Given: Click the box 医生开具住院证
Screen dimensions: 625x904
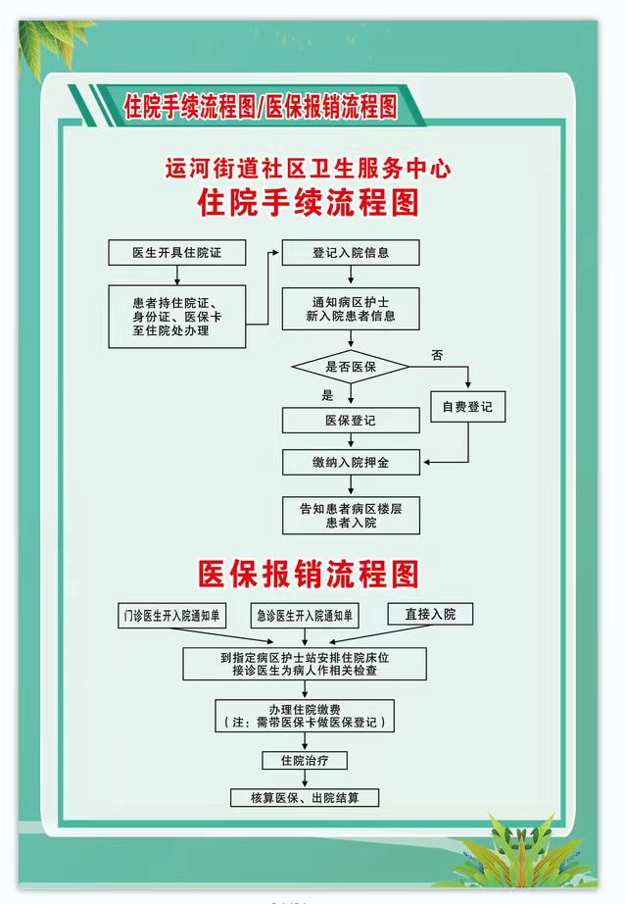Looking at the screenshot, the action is (x=177, y=253).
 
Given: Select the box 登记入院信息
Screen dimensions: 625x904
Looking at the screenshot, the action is (x=351, y=253).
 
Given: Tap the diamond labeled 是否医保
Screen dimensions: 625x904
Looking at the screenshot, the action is (x=351, y=367).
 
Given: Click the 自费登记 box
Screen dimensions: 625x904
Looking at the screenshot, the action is (x=467, y=407).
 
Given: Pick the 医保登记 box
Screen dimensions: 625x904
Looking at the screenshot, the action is (x=351, y=421).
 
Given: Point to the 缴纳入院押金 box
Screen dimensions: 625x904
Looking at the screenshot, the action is (x=351, y=463).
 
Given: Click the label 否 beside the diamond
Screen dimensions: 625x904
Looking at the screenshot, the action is (x=437, y=355).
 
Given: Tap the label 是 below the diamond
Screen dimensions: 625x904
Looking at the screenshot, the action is (x=327, y=395).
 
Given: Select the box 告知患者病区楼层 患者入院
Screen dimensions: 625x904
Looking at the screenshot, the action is (x=351, y=516).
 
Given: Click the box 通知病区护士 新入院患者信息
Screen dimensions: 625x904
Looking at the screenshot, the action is (x=351, y=309).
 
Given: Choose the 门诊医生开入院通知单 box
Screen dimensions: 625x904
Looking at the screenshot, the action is (x=171, y=616).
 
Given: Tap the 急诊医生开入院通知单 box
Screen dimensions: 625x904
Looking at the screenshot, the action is (x=304, y=616).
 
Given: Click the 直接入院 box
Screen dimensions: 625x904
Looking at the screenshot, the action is (x=430, y=614).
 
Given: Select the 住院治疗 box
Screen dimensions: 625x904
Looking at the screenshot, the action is (x=304, y=761).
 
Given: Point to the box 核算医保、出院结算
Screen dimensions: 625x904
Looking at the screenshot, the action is (x=304, y=798).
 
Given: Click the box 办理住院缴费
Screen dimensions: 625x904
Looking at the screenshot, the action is (x=304, y=716).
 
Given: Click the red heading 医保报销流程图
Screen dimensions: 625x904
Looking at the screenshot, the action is (x=309, y=574).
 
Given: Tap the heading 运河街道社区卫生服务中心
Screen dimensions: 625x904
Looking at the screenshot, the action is (x=309, y=169).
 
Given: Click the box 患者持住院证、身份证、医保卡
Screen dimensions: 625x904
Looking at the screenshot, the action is (x=177, y=317).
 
